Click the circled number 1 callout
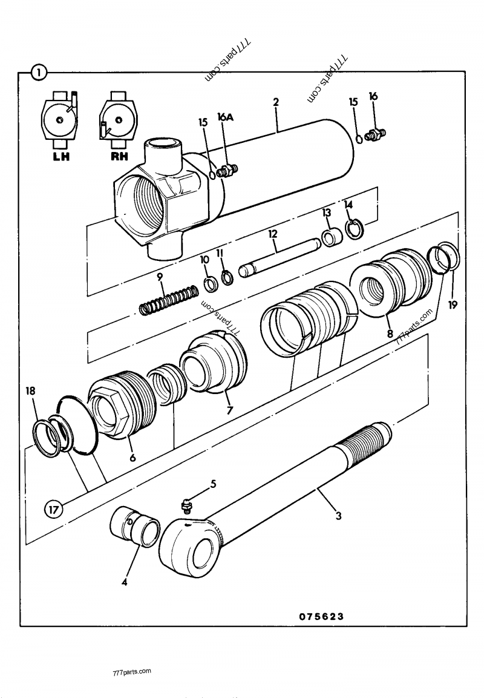point(39,73)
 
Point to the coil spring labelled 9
point(169,299)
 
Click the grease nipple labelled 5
point(188,504)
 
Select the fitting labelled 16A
point(229,171)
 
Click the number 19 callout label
point(453,306)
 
